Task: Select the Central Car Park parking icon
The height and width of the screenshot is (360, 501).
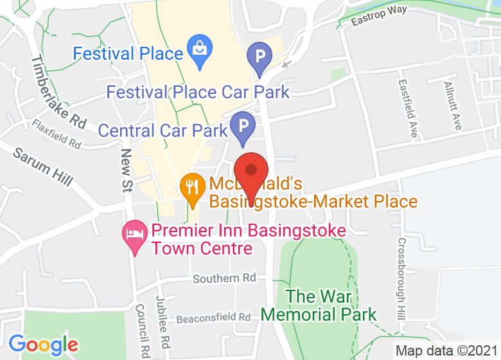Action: pyautogui.click(x=243, y=127)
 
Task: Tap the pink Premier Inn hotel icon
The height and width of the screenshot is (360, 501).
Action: pyautogui.click(x=134, y=235)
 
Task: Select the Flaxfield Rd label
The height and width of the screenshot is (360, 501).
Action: pyautogui.click(x=58, y=134)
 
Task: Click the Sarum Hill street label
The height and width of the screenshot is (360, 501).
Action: pyautogui.click(x=42, y=166)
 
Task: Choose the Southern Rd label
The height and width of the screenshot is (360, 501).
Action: pyautogui.click(x=224, y=278)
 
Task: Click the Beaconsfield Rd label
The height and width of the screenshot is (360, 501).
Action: pyautogui.click(x=204, y=318)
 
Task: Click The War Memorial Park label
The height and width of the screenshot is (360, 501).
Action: pyautogui.click(x=319, y=305)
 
